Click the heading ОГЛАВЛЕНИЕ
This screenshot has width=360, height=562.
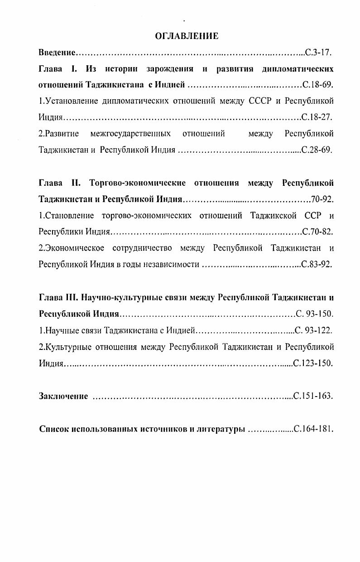tap(187, 36)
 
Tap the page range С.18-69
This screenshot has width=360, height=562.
tap(317, 85)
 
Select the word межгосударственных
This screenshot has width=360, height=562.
tap(130, 134)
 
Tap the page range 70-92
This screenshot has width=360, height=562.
tap(322, 199)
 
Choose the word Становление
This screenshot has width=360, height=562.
tap(67, 215)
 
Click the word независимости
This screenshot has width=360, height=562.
tap(171, 265)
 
